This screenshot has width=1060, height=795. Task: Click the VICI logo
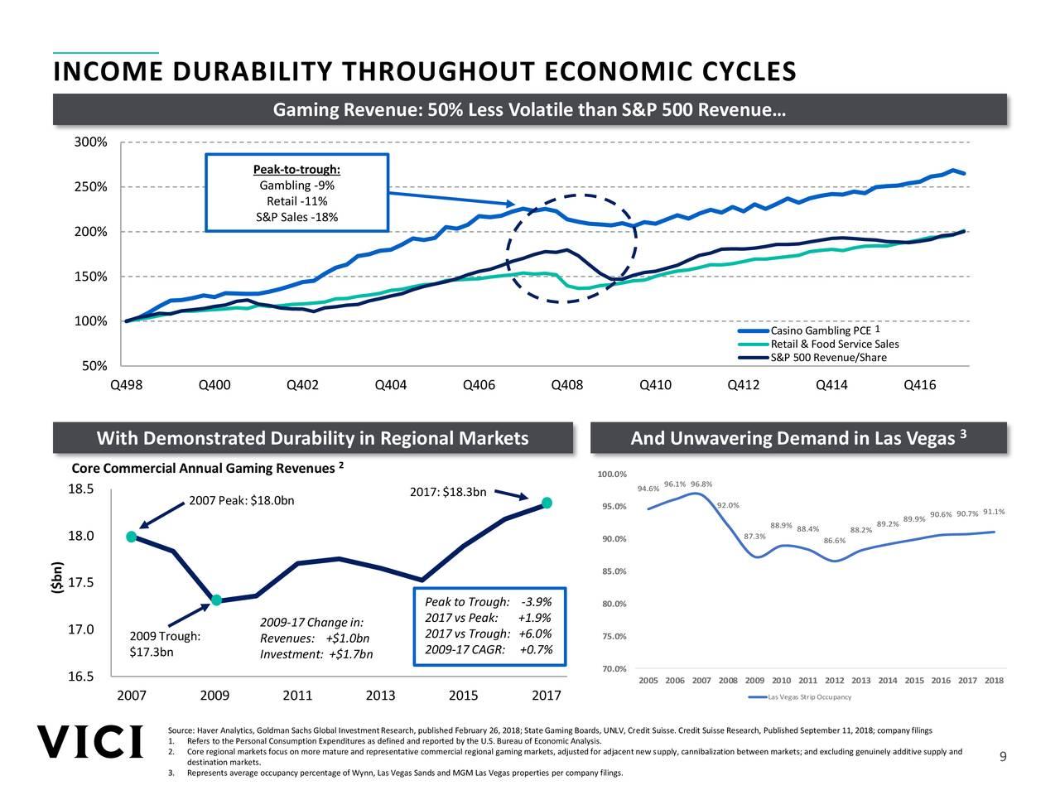[89, 742]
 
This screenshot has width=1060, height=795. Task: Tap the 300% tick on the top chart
[90, 142]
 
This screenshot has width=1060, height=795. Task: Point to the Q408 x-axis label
[567, 385]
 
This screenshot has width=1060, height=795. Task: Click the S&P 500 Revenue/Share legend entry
[828, 358]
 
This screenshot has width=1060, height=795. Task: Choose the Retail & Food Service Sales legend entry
[834, 344]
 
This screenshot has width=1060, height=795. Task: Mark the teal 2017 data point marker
[547, 503]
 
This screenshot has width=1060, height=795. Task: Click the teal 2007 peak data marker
[132, 537]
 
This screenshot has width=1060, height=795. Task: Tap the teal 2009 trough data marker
[216, 600]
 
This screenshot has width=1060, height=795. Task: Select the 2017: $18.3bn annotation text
[448, 494]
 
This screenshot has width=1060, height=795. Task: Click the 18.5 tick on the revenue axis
[81, 489]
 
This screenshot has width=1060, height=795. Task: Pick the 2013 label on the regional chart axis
[380, 696]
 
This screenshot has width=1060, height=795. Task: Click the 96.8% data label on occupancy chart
[701, 484]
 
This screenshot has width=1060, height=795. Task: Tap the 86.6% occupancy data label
[835, 541]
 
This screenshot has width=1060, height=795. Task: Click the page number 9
[1003, 758]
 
